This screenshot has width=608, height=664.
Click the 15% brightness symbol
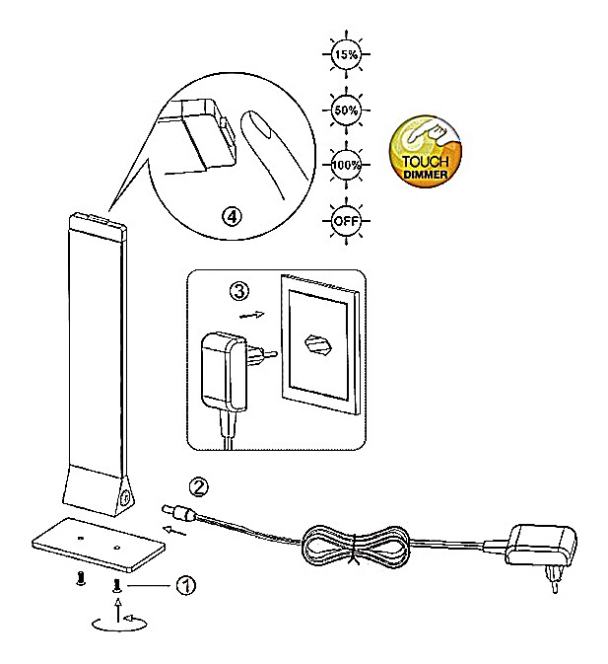(x=345, y=55)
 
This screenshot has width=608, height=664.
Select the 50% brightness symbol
(x=345, y=110)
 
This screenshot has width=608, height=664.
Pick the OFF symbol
(x=345, y=220)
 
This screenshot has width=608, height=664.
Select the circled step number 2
(x=199, y=485)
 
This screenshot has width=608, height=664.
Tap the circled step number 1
(x=185, y=584)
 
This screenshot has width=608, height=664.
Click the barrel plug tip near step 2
(x=169, y=510)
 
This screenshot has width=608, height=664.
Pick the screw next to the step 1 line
(x=117, y=586)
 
